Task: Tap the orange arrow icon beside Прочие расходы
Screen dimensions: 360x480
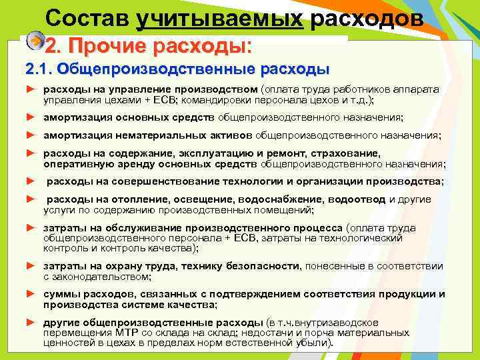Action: click(x=35, y=41)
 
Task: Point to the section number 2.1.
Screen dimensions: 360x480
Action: click(x=38, y=69)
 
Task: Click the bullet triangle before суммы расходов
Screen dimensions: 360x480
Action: click(x=29, y=294)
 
